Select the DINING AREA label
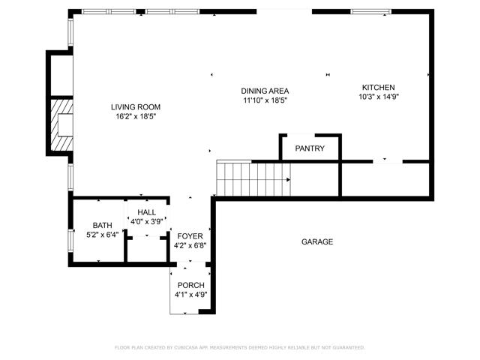265,90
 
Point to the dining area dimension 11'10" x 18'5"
265,100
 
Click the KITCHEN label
378,87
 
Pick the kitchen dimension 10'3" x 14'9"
378,97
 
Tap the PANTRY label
310,148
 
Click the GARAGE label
317,241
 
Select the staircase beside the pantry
253,178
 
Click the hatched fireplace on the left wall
60,125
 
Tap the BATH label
102,225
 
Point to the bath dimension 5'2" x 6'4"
102,235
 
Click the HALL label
147,213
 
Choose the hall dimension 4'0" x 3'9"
147,222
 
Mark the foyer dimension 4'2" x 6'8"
190,245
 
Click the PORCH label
190,285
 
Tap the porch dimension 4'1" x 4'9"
190,295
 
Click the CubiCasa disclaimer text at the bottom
240,347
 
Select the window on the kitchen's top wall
370,11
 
